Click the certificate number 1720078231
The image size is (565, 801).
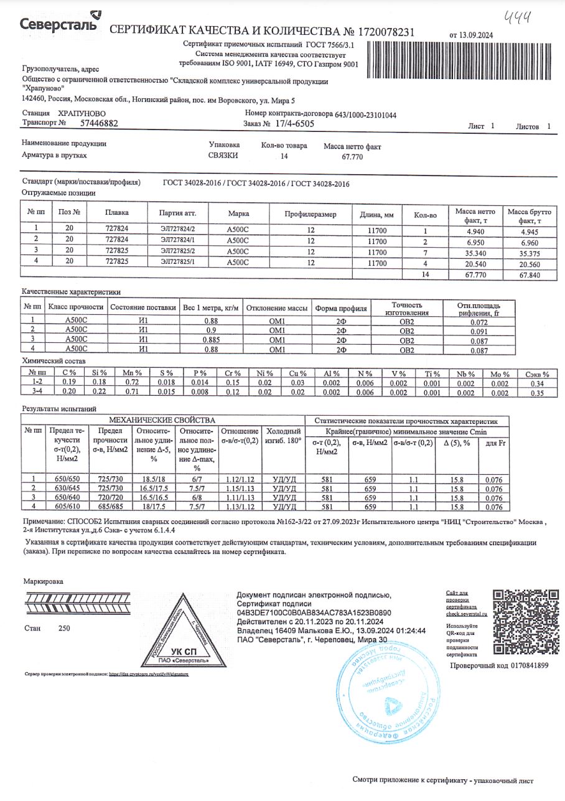click(x=385, y=32)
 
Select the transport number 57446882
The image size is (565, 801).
click(x=99, y=124)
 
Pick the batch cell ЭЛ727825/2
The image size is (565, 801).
click(x=177, y=251)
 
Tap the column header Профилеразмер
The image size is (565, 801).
click(x=310, y=214)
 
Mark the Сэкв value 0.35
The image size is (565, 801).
click(x=537, y=393)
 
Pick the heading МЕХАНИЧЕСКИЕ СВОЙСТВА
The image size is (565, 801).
click(x=162, y=421)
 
